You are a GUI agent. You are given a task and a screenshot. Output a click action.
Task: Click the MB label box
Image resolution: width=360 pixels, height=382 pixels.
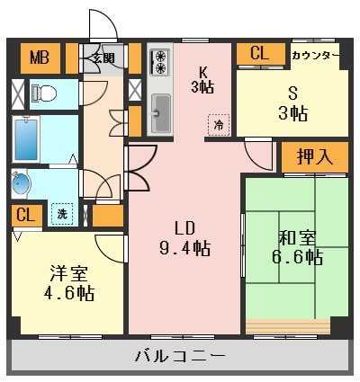38,58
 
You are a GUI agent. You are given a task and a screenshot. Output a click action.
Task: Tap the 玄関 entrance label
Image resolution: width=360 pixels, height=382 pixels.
103,58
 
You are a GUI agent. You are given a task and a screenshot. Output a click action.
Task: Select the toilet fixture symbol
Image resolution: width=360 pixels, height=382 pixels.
45,92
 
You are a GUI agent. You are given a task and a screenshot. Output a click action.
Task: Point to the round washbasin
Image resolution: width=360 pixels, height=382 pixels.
22,183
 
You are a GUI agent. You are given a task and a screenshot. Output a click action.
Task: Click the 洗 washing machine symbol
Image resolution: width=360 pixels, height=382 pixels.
62,214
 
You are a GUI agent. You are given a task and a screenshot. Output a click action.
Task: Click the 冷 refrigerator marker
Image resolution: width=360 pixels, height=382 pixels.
218,125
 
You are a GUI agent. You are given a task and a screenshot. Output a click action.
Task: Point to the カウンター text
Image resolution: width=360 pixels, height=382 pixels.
315,56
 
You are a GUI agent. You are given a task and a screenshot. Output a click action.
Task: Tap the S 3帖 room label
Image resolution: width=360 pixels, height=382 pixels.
292,103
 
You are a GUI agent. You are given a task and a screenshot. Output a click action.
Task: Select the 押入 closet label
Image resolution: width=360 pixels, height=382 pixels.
315,155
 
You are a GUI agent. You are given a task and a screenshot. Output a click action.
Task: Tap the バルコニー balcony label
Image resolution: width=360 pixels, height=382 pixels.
180,356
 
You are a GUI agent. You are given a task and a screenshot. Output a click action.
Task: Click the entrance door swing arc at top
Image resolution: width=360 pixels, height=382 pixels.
102,25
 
